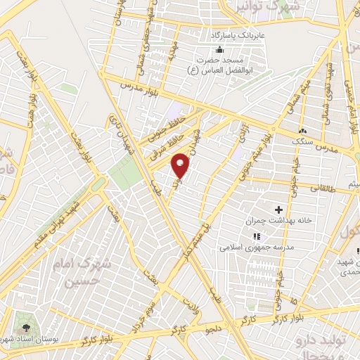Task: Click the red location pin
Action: (x=181, y=164)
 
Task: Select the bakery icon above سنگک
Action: (x=302, y=131)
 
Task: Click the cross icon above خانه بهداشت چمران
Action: (x=279, y=210)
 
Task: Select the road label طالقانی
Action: (x=328, y=188)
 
